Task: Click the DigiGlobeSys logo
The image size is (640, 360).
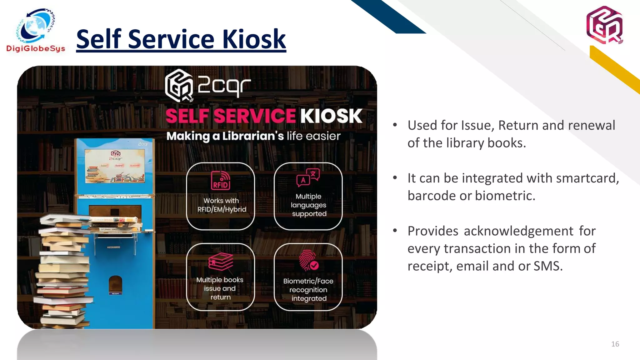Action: [36, 30]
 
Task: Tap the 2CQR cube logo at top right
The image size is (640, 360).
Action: [604, 25]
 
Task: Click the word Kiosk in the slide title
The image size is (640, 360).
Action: [254, 39]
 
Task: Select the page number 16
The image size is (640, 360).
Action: [615, 344]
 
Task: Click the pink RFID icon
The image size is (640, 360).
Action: [221, 180]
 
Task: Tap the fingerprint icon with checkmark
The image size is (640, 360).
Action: [308, 260]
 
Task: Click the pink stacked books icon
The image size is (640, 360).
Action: [221, 262]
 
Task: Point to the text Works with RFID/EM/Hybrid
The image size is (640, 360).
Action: [222, 205]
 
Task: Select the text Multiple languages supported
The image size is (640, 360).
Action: [308, 205]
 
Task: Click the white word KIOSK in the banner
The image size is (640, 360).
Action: [331, 116]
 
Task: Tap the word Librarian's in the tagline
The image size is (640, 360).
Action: [253, 136]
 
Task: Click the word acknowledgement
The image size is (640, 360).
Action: [519, 231]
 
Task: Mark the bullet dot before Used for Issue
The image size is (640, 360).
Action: [395, 125]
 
